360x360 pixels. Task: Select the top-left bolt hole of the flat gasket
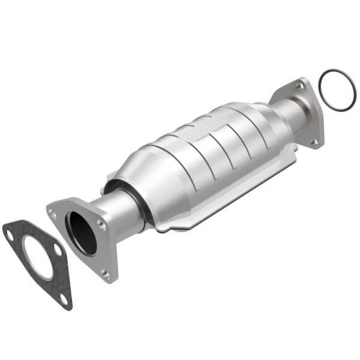(x=10, y=235)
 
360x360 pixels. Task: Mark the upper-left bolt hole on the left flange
(x=53, y=212)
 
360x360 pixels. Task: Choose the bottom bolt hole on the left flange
(x=106, y=273)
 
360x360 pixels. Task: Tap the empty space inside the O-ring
(x=337, y=90)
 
